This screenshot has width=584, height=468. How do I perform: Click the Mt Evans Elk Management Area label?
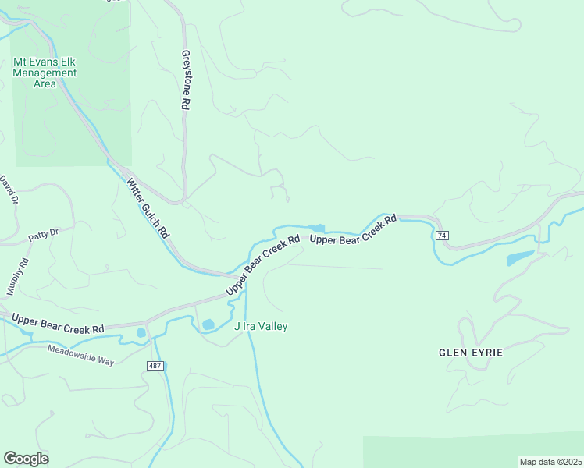45,73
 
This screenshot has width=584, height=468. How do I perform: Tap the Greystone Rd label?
186,80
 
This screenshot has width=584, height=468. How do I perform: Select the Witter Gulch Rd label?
148,208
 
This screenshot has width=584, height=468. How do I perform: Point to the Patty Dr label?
44,232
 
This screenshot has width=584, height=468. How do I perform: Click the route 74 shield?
443,236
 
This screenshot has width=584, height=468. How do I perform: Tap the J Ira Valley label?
261,327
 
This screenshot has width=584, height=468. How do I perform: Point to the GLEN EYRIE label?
471,353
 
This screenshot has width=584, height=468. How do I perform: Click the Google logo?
26,459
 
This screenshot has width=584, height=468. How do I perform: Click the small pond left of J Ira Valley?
208,324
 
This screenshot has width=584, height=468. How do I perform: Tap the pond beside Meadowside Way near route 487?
141,333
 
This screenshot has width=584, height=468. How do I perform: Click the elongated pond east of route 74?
520,257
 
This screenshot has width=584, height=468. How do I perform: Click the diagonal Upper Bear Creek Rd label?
263,266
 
